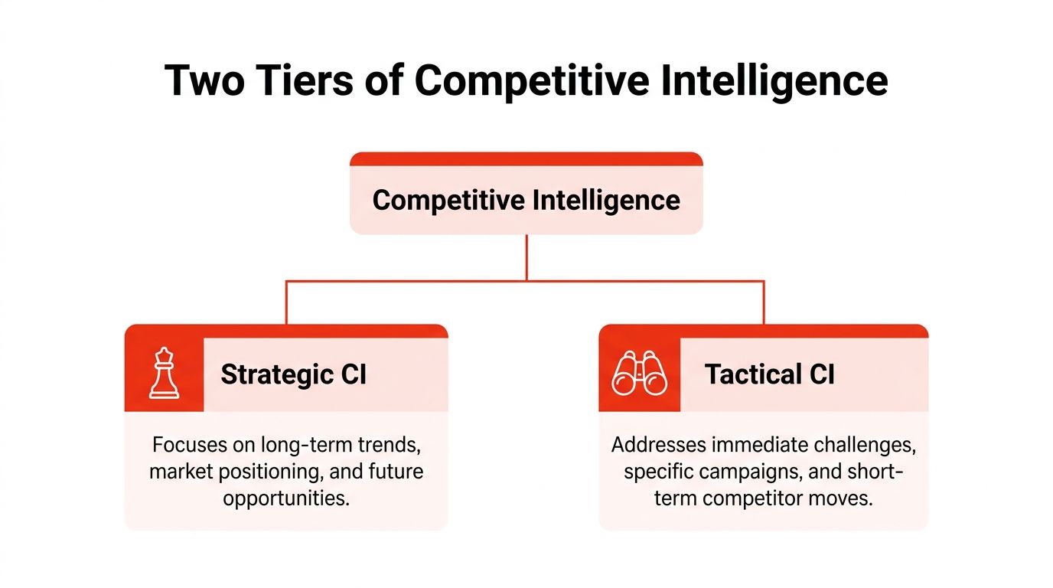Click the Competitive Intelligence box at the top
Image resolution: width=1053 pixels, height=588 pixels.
pyautogui.click(x=526, y=200)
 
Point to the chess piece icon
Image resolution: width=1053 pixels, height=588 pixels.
pyautogui.click(x=164, y=374)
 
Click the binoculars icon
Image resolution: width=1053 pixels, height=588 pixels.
pyautogui.click(x=639, y=374)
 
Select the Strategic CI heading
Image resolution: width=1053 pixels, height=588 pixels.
pyautogui.click(x=293, y=374)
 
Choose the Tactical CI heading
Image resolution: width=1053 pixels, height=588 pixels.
pyautogui.click(x=769, y=374)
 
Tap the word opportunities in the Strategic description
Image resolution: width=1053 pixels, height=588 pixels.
pyautogui.click(x=285, y=498)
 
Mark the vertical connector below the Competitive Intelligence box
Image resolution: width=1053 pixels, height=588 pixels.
pyautogui.click(x=526, y=257)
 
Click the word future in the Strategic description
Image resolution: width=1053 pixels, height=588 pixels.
pyautogui.click(x=396, y=471)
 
